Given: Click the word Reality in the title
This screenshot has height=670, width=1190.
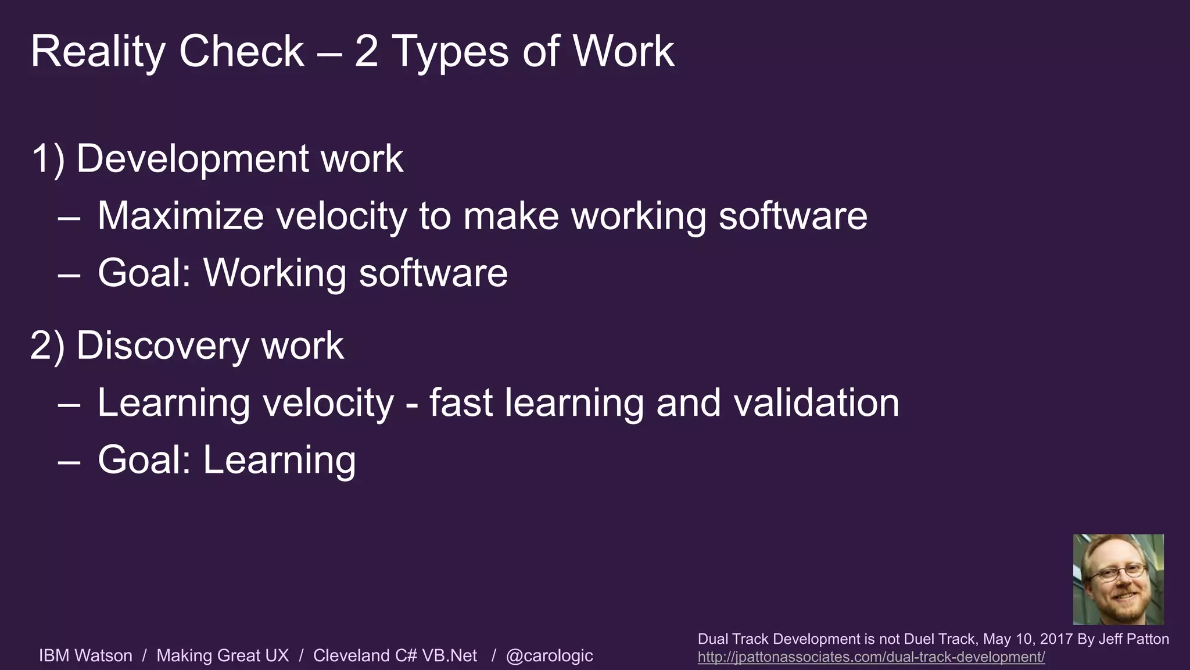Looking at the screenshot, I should (98, 52).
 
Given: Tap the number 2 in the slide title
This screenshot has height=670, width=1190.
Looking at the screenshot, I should (366, 51).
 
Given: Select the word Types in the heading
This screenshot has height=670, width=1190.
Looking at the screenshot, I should (451, 52).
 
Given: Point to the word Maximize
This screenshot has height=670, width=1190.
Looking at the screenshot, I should (180, 216).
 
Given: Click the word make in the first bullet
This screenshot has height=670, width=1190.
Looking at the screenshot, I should (511, 216).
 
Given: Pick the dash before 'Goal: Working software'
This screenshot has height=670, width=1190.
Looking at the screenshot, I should (69, 273).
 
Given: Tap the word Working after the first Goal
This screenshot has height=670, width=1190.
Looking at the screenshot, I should (274, 273).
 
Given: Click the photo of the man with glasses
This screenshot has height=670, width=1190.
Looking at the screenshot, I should (1118, 579).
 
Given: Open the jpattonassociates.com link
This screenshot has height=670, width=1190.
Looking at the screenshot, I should (871, 657).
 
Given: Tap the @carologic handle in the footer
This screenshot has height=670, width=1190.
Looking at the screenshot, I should (549, 655).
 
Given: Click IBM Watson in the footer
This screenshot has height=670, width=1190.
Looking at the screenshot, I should (85, 655).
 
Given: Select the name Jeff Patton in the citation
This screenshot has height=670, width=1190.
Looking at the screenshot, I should (1134, 639).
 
